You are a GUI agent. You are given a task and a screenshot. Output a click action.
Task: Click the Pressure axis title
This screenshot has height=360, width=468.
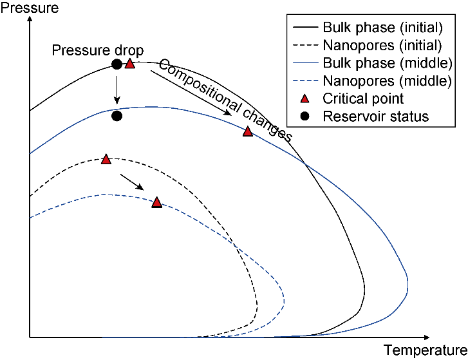pyautogui.click(x=30, y=8)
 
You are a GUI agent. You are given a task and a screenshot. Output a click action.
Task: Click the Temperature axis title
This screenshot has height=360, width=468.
pyautogui.click(x=426, y=350)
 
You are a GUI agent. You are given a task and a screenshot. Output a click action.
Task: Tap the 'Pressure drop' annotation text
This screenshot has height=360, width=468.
pyautogui.click(x=98, y=50)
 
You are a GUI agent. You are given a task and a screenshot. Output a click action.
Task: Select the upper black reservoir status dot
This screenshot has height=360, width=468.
pyautogui.click(x=117, y=64)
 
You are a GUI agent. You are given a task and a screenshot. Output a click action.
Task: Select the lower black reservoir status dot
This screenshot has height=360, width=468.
pyautogui.click(x=117, y=116)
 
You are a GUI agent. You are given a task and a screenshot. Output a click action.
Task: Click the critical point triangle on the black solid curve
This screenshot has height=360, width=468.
pyautogui.click(x=129, y=63)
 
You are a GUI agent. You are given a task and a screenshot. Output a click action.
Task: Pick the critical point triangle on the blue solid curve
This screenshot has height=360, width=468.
pyautogui.click(x=248, y=131)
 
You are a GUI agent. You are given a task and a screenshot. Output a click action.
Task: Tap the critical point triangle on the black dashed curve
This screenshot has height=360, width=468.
pyautogui.click(x=106, y=159)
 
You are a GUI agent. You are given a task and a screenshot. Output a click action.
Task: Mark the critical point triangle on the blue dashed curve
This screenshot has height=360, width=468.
pyautogui.click(x=157, y=202)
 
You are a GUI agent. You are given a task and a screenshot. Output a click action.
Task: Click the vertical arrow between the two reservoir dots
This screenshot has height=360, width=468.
pyautogui.click(x=117, y=90)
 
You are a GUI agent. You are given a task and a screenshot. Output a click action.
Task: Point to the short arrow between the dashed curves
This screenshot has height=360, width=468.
pyautogui.click(x=132, y=182)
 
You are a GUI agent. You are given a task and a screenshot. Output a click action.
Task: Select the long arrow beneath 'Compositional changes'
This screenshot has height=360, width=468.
pyautogui.click(x=191, y=93)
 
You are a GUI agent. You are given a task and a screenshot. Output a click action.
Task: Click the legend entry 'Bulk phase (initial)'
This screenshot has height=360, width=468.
pyautogui.click(x=368, y=28)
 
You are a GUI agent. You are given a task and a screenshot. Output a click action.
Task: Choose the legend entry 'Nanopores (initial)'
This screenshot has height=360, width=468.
pyautogui.click(x=367, y=45)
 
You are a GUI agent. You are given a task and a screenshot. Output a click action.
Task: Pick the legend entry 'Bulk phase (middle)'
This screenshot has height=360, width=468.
pyautogui.click(x=373, y=63)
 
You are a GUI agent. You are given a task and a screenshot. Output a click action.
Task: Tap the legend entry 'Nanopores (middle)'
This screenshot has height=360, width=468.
pyautogui.click(x=372, y=81)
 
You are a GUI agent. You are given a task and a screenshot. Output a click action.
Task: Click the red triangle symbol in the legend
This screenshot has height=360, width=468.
pyautogui.click(x=304, y=99)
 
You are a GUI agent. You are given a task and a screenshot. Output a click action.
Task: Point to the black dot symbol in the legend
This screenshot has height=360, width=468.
pyautogui.click(x=304, y=116)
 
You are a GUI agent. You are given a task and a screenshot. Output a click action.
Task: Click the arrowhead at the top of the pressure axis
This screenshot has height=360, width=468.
pyautogui.click(x=30, y=19)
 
